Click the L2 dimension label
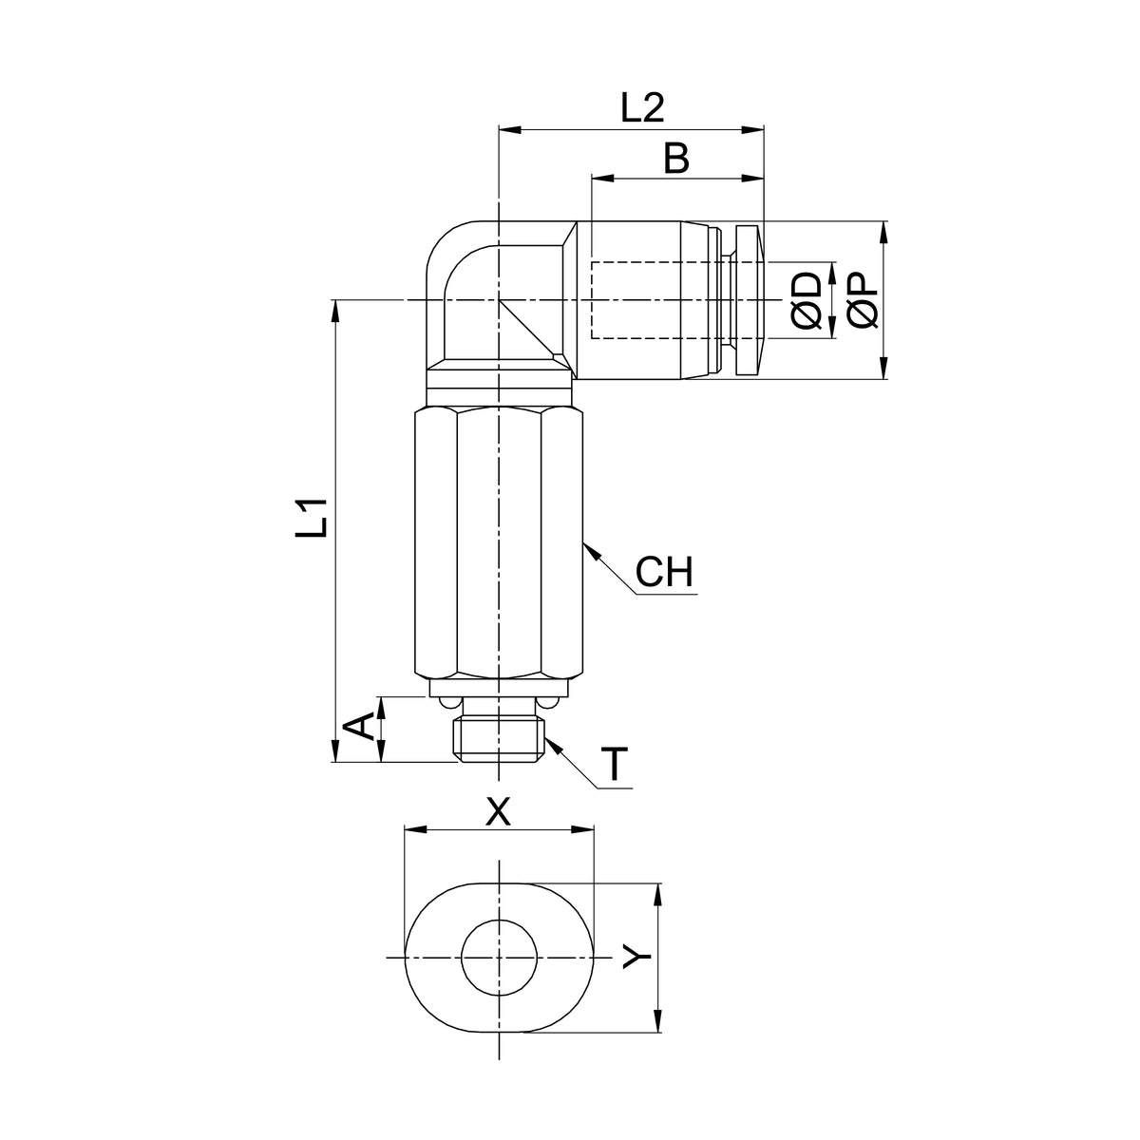(x=642, y=107)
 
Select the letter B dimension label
(x=676, y=159)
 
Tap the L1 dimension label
(x=312, y=518)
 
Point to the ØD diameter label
(x=807, y=300)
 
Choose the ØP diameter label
(x=863, y=300)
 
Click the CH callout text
(x=664, y=572)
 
